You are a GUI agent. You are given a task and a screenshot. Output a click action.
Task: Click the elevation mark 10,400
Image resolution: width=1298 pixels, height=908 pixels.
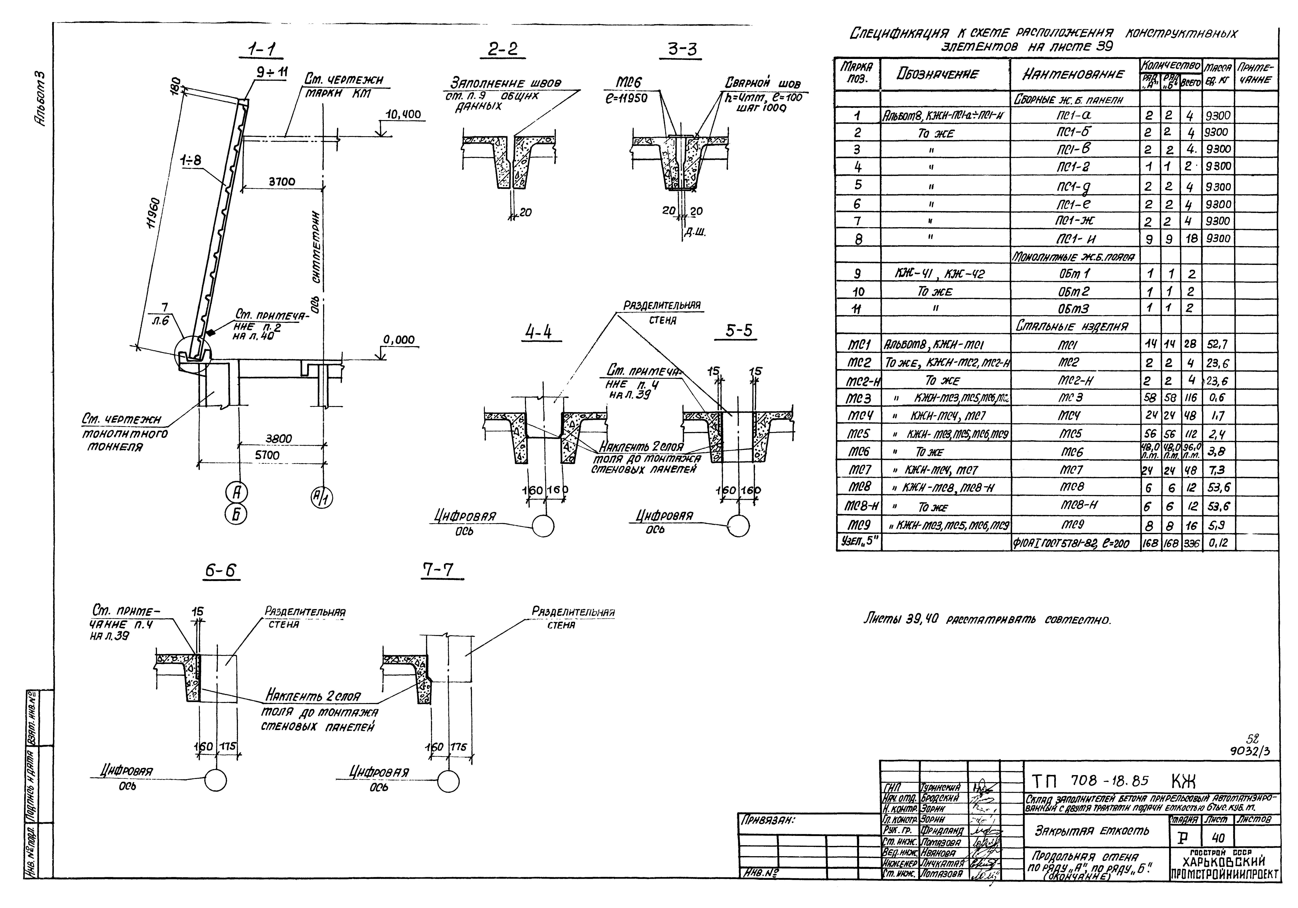click(403, 115)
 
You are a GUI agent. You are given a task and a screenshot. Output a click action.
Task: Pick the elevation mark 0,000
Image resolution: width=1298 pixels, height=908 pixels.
click(399, 340)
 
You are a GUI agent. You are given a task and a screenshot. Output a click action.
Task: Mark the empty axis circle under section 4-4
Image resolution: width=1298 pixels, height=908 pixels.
click(543, 526)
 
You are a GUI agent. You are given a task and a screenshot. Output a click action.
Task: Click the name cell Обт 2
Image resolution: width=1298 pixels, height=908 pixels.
click(1074, 292)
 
